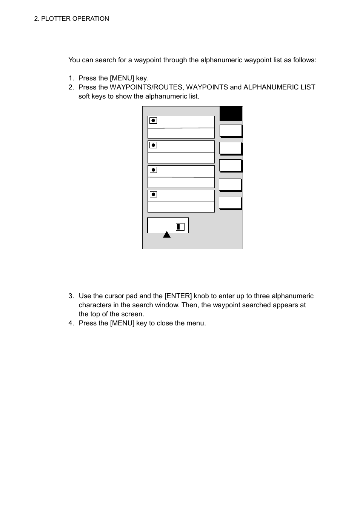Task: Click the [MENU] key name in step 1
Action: point(122,78)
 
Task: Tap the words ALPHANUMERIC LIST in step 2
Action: point(279,87)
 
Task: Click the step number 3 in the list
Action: point(71,296)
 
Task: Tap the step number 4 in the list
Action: point(71,324)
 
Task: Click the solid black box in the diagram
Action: point(231,114)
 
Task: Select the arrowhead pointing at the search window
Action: point(167,235)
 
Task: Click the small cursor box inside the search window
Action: point(180,226)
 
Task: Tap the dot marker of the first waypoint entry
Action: point(153,121)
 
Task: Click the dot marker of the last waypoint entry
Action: point(153,194)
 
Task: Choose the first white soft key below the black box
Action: point(231,131)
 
